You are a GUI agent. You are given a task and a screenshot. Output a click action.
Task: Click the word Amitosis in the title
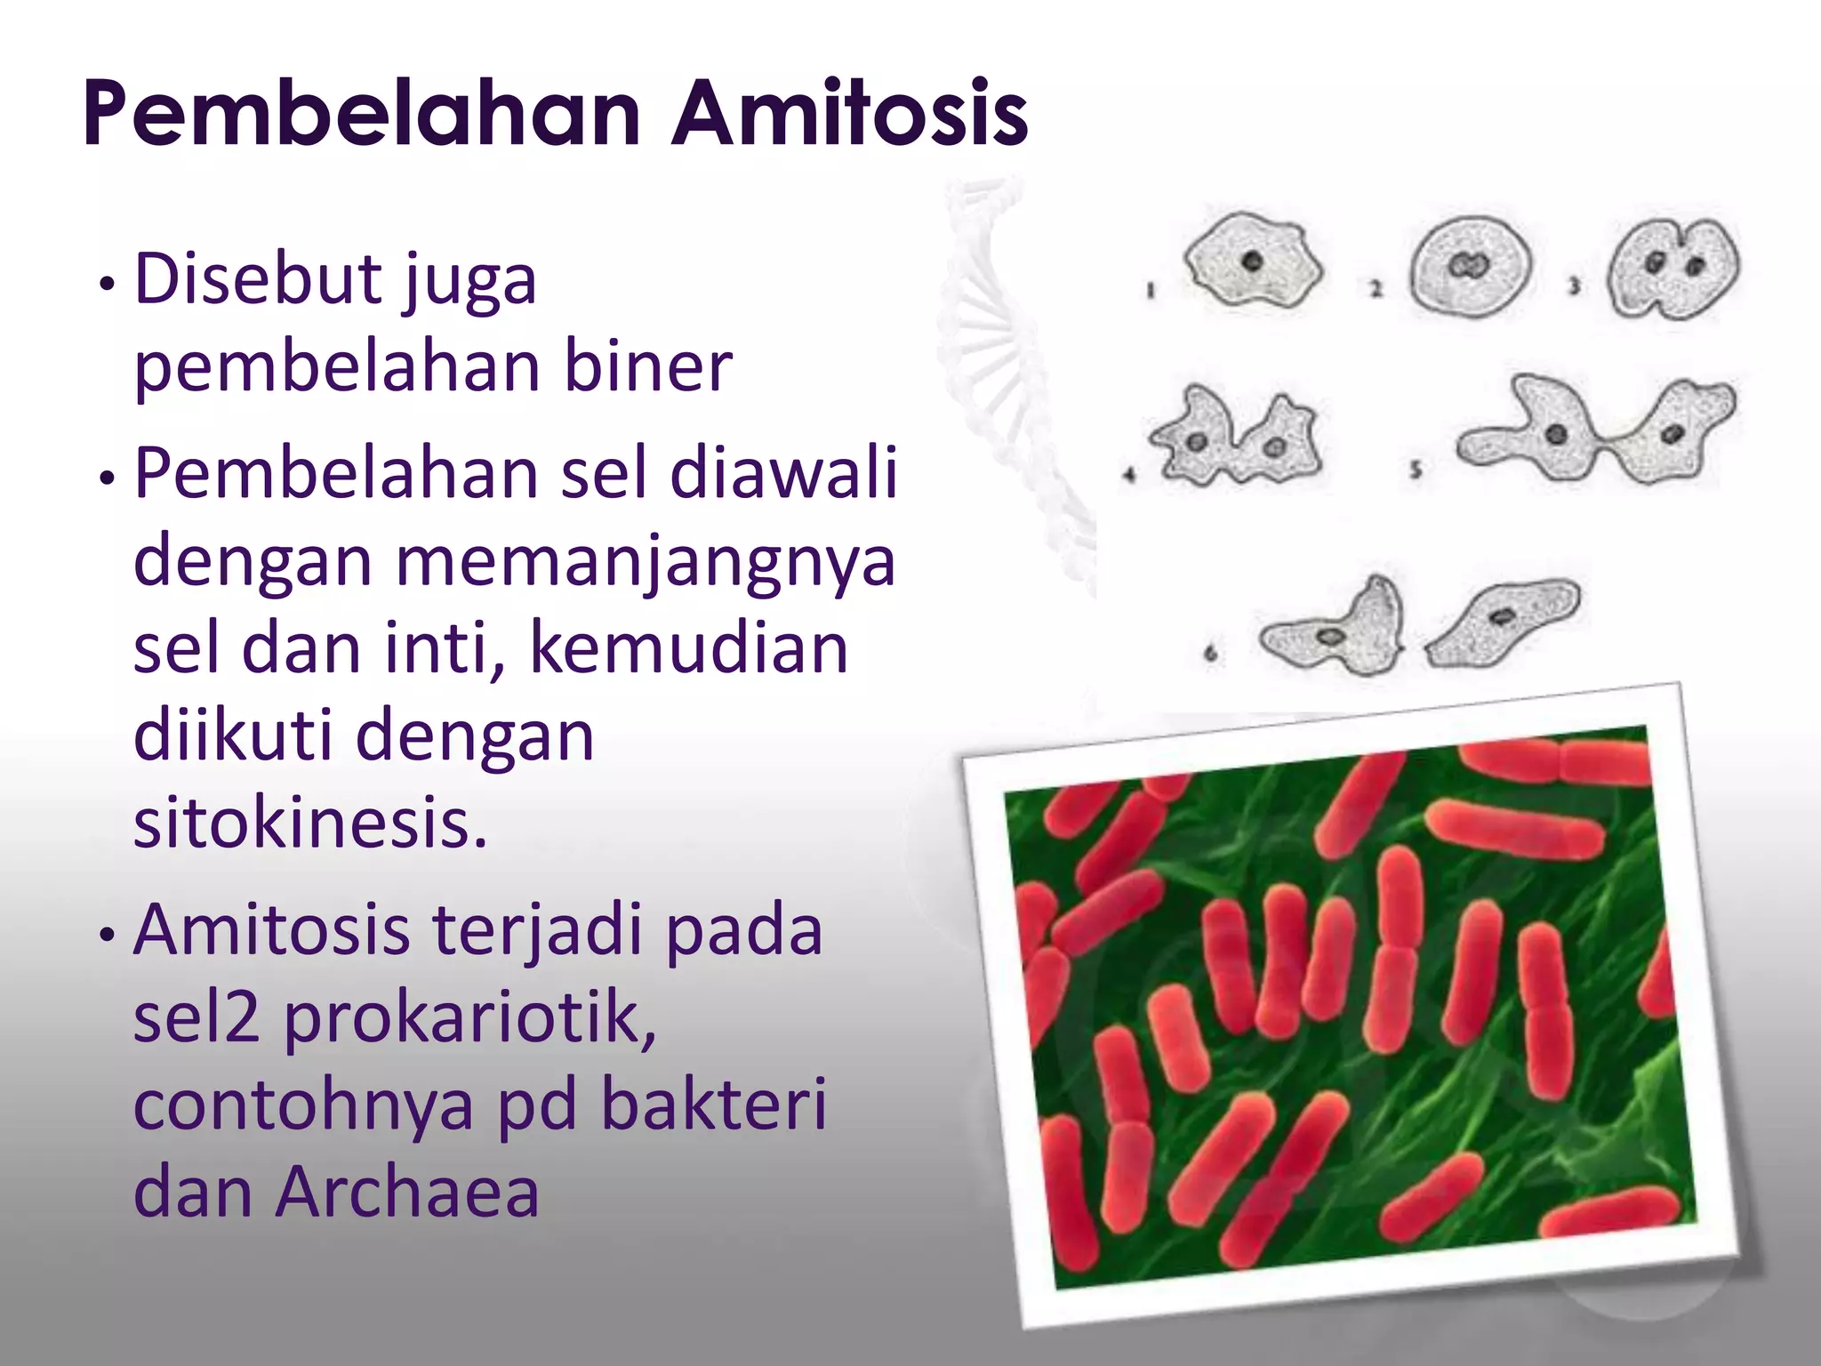(x=849, y=114)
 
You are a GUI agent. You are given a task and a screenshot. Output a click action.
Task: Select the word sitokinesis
(x=310, y=823)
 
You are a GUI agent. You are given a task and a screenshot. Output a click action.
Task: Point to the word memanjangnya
(x=645, y=561)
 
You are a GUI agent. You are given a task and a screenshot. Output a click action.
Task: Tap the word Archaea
(x=407, y=1192)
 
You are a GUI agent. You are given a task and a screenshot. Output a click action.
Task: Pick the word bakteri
(x=714, y=1104)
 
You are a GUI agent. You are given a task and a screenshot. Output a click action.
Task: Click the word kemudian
(x=688, y=648)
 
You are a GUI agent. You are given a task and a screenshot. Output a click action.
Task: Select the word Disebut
(x=257, y=279)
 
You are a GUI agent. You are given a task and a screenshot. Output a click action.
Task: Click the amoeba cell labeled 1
(x=1253, y=262)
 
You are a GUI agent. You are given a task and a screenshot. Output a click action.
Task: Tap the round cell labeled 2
(x=1470, y=266)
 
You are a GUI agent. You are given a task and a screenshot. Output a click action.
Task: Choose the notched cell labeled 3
(x=1673, y=268)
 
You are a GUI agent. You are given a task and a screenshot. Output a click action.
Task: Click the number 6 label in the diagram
(x=1210, y=655)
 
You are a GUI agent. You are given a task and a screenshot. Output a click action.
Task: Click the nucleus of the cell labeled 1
(x=1253, y=261)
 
